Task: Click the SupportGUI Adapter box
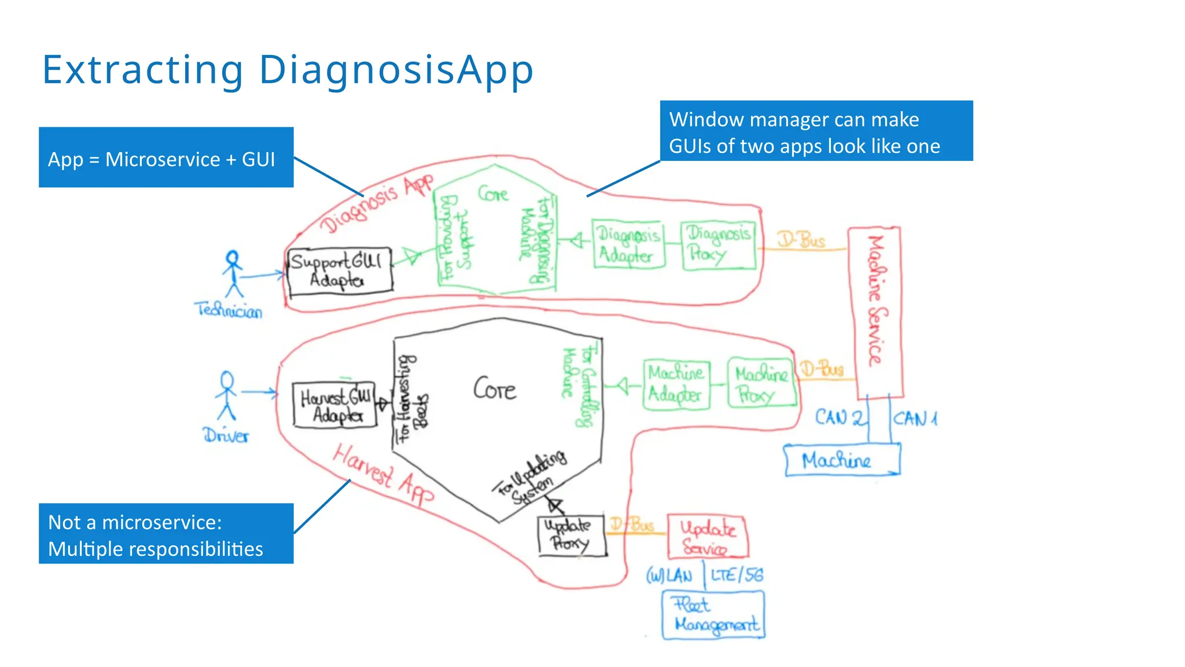click(x=340, y=271)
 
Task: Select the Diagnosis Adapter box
click(x=628, y=244)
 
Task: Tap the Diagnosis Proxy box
click(x=718, y=244)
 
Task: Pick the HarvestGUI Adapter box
click(x=335, y=405)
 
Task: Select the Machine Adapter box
click(x=676, y=384)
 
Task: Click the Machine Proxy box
click(x=761, y=383)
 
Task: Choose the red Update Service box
click(x=707, y=536)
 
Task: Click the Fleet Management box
click(x=713, y=615)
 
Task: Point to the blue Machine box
click(x=842, y=460)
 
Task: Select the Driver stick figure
click(x=226, y=396)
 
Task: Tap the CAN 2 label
click(x=840, y=417)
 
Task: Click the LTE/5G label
click(x=737, y=575)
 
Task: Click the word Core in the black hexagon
click(x=495, y=389)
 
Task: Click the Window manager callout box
click(x=816, y=131)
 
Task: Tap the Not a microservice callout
click(x=166, y=533)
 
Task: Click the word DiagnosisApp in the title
click(x=396, y=70)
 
